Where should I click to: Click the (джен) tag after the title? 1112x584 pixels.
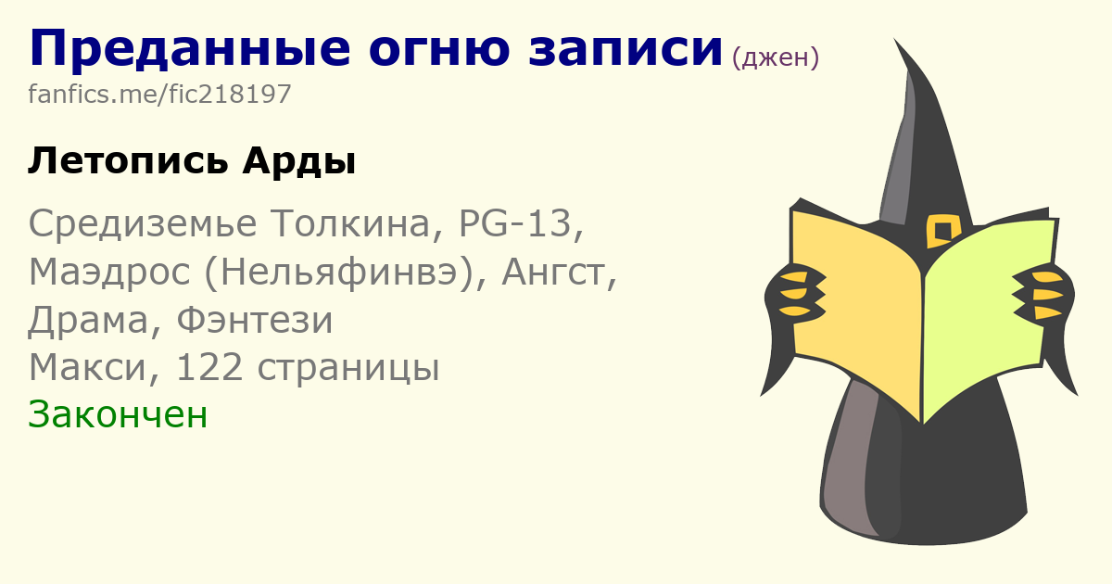click(776, 57)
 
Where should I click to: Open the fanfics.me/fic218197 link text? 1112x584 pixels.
click(159, 94)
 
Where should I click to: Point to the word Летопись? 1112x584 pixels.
click(128, 161)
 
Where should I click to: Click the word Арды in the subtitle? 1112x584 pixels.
click(298, 161)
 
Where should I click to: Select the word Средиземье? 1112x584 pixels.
click(143, 223)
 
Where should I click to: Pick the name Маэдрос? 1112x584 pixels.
click(109, 273)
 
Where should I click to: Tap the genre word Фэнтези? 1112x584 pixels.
click(254, 320)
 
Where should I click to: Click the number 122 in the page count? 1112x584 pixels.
click(209, 367)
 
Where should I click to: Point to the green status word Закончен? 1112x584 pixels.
click(118, 414)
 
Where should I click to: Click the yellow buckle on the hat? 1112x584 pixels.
click(942, 231)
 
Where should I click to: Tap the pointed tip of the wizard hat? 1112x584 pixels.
click(894, 39)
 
